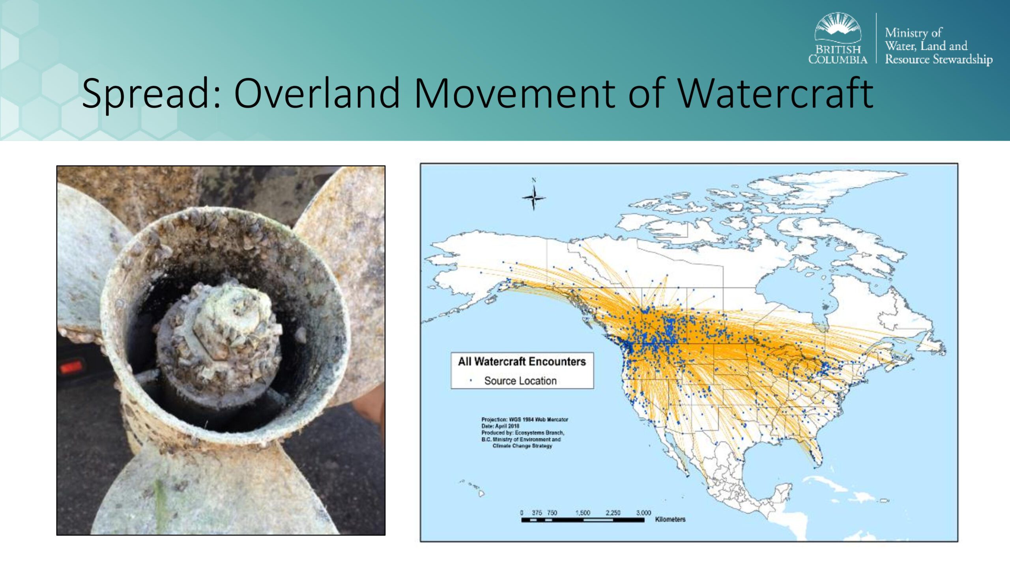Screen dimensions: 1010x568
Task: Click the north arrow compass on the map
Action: click(x=534, y=196)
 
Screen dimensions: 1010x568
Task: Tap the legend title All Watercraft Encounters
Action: click(x=522, y=361)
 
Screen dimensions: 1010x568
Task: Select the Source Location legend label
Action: click(x=520, y=381)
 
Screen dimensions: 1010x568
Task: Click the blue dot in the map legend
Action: click(x=471, y=381)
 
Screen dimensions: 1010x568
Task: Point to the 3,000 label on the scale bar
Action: click(x=643, y=513)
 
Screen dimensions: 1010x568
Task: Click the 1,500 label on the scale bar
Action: click(x=582, y=513)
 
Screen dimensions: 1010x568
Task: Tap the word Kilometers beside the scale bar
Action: click(x=670, y=519)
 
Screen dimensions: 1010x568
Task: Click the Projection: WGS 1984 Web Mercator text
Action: click(x=525, y=419)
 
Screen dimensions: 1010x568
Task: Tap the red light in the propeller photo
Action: click(x=71, y=366)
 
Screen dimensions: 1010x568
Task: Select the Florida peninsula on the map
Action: click(x=815, y=450)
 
